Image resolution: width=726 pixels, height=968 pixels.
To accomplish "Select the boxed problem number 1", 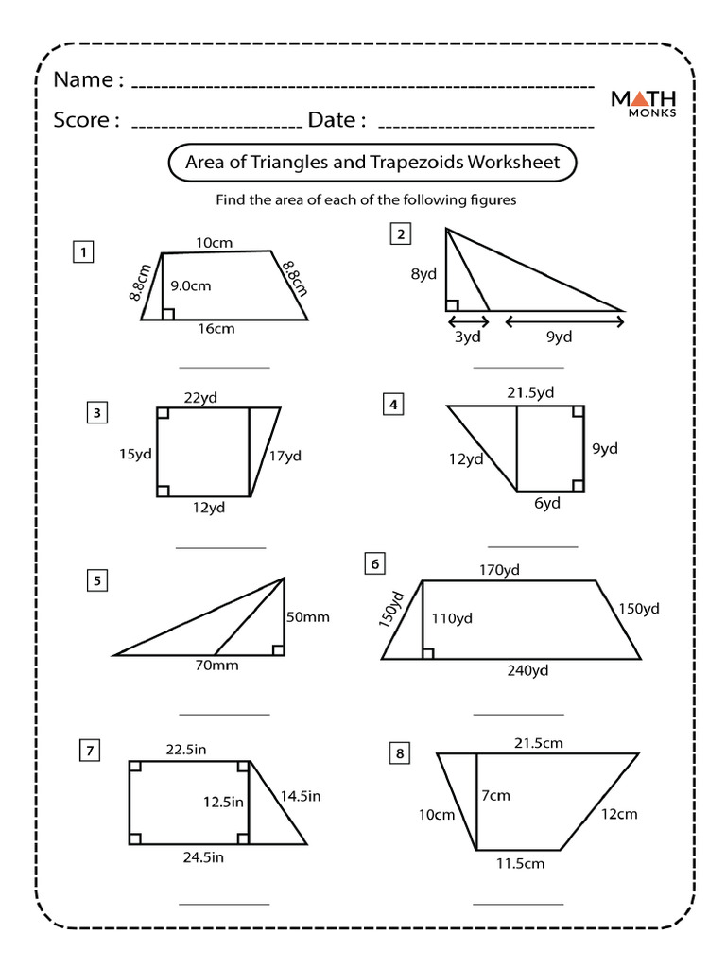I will tap(85, 252).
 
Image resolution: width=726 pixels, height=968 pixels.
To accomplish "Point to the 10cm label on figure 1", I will tap(214, 243).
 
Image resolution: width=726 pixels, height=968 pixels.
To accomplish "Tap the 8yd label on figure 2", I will tap(423, 275).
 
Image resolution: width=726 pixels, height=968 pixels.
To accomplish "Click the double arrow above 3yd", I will tap(467, 321).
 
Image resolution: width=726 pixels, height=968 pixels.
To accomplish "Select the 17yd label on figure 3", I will tap(285, 456).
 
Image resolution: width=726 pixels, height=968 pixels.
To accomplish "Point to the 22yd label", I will tap(201, 397).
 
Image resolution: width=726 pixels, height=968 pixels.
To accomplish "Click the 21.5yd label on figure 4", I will tap(530, 392).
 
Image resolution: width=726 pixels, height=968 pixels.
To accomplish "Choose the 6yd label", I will tap(546, 503).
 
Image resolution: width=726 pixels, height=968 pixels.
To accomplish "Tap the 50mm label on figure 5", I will tap(308, 617).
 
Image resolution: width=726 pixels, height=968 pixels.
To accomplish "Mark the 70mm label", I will tap(218, 665).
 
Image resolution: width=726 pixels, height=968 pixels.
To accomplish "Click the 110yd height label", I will tap(452, 619).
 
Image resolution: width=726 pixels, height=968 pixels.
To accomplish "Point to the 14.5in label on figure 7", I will tap(300, 797).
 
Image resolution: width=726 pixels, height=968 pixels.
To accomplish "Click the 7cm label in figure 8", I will tap(494, 796).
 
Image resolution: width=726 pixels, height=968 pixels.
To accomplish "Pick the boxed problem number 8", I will tap(400, 753).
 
